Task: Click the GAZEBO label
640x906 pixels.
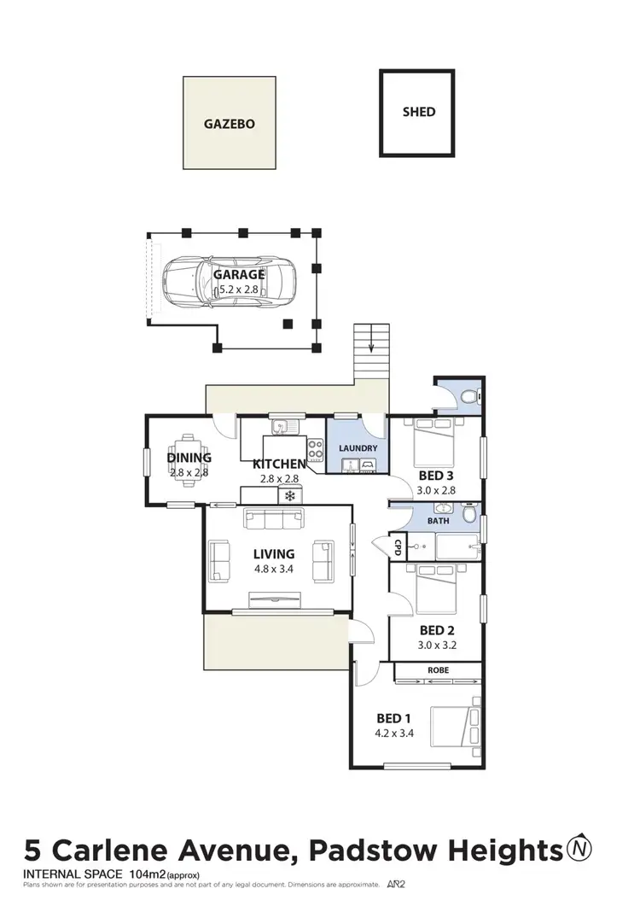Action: point(229,123)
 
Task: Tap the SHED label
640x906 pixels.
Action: point(418,112)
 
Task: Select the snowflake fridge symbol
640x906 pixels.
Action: point(291,495)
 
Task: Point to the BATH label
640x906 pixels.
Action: point(438,519)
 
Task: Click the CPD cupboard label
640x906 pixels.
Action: point(398,546)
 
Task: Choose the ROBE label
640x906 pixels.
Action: point(438,670)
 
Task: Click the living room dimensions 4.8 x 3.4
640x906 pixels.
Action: point(273,570)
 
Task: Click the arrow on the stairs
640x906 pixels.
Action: point(371,348)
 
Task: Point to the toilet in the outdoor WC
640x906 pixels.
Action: point(471,397)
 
